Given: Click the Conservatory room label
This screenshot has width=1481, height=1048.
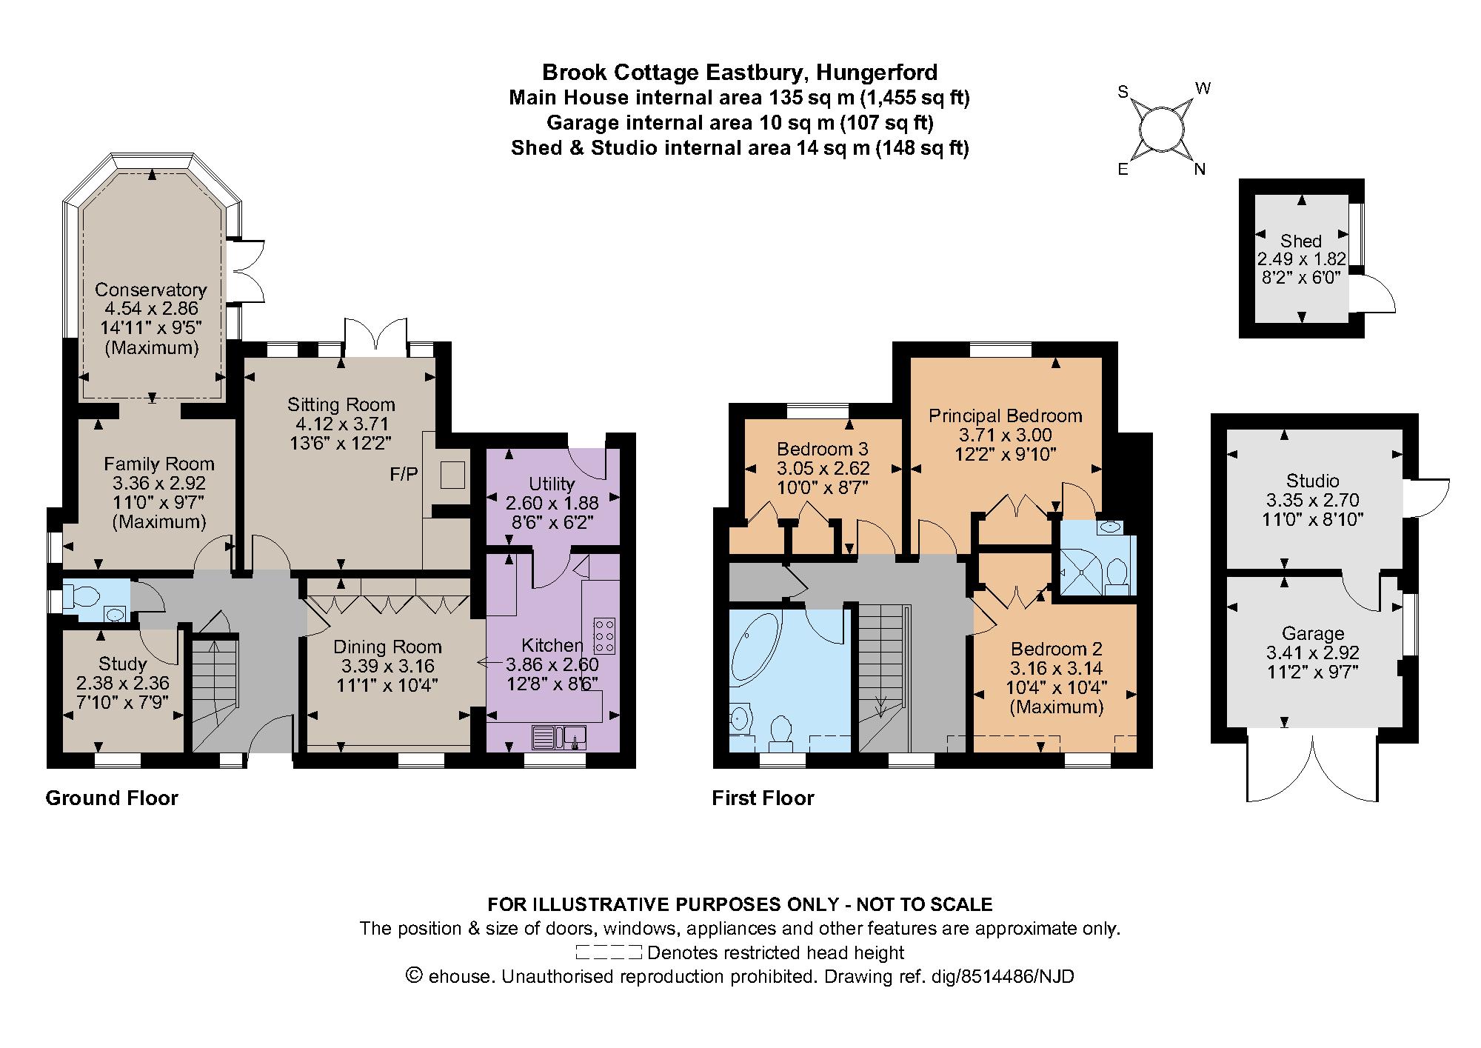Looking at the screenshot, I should point(150,290).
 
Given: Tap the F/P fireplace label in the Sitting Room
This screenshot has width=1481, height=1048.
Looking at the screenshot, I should point(404,475).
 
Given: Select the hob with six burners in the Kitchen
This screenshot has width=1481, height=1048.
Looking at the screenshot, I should point(604,635).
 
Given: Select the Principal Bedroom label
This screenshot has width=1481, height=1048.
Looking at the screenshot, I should point(1005,415).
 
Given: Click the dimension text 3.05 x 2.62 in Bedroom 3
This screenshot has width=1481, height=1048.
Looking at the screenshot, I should point(823,468).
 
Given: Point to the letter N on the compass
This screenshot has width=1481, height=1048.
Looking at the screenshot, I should point(1200,170).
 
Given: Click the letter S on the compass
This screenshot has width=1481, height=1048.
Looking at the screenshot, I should point(1123,92).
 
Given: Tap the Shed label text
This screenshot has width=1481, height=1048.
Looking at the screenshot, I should point(1300,241).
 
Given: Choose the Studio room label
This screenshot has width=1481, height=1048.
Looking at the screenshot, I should point(1312,481).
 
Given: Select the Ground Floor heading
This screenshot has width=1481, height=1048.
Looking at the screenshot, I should point(112,798).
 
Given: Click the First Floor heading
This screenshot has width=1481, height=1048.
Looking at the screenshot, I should point(763,798).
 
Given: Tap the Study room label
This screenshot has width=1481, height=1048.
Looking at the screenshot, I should point(122,664).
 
